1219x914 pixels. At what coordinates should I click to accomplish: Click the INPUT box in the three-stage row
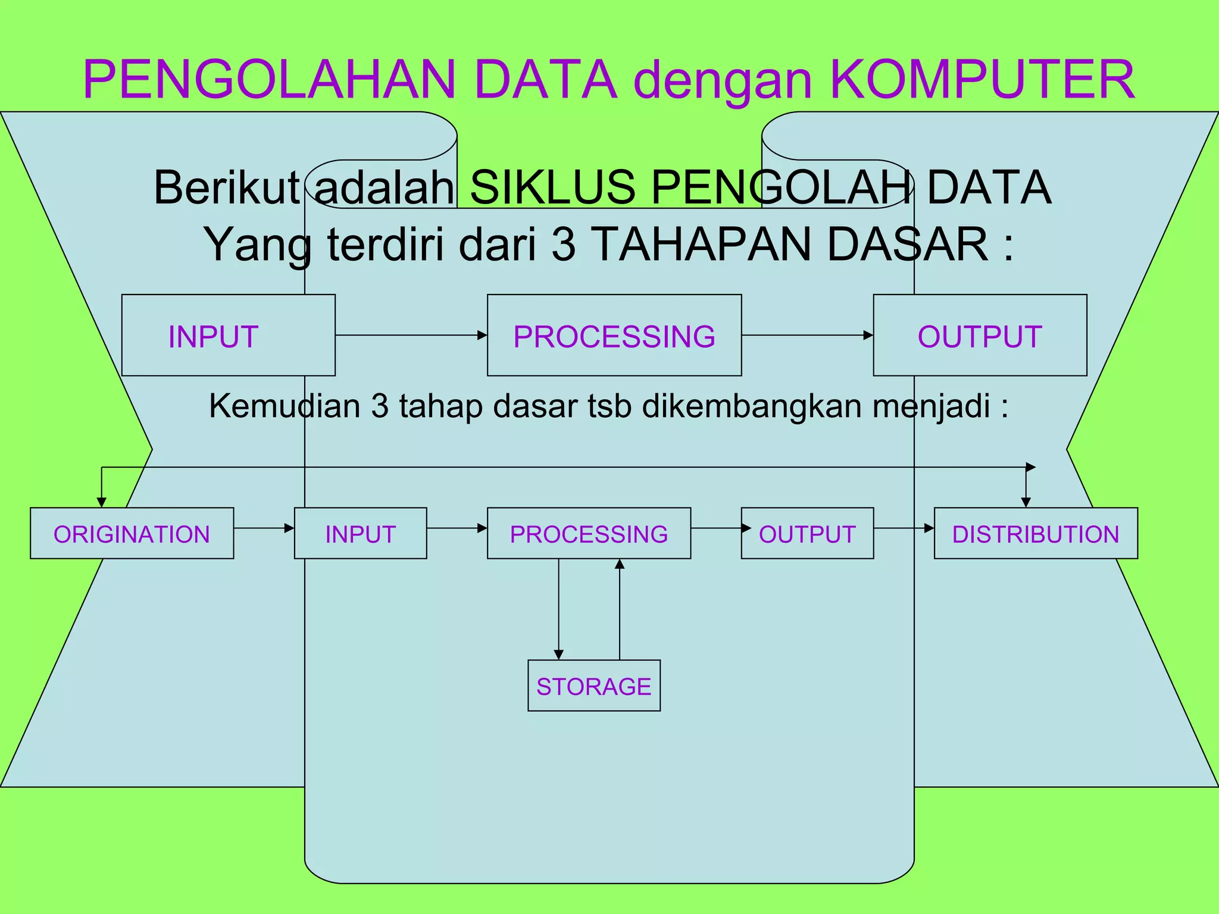pos(228,335)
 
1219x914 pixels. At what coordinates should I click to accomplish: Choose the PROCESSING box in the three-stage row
pos(614,335)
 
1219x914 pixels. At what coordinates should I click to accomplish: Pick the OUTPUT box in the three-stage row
pos(980,335)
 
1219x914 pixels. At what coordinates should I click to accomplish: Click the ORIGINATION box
pos(132,533)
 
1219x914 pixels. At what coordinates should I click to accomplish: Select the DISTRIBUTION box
pos(1036,533)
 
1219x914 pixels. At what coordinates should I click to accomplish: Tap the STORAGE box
pos(594,685)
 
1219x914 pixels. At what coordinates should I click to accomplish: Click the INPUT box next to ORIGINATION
pos(360,533)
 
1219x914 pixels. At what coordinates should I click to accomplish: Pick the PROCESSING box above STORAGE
pos(589,533)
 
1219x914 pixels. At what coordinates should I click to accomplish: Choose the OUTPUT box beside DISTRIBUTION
pos(807,533)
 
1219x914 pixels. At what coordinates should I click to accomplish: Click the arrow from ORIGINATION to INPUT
pos(264,528)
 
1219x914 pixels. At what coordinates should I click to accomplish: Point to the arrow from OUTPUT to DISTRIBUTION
pos(904,528)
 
